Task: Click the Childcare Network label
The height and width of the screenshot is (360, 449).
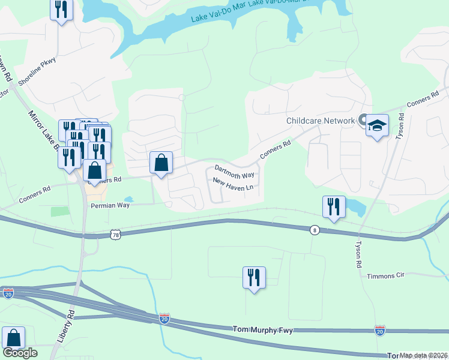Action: tap(321, 121)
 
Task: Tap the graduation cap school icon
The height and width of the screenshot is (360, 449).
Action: tap(377, 126)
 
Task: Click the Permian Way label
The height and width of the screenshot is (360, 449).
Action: tap(110, 205)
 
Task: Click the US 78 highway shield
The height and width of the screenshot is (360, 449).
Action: tap(116, 235)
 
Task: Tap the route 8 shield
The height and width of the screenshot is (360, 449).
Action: tap(314, 230)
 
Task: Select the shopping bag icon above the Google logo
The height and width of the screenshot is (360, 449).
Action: tap(13, 338)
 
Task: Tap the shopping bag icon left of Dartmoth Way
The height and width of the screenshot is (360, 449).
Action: tap(161, 163)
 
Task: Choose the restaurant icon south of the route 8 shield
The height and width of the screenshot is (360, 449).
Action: tap(254, 278)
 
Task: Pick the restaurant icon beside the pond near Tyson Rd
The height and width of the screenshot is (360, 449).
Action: tap(334, 207)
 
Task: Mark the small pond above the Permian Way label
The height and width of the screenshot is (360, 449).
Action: tap(128, 199)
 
